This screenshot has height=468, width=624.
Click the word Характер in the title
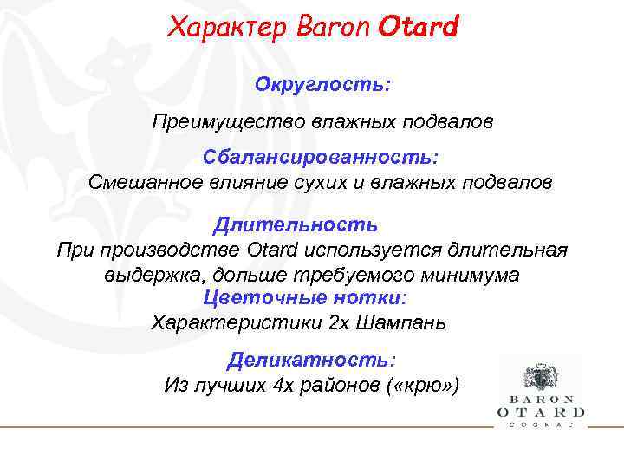[x=220, y=28]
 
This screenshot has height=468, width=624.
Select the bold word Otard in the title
[x=418, y=28]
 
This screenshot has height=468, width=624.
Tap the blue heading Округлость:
[x=322, y=86]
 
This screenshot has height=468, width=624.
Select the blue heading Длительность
[x=296, y=225]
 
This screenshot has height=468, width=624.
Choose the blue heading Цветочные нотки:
[x=304, y=298]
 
